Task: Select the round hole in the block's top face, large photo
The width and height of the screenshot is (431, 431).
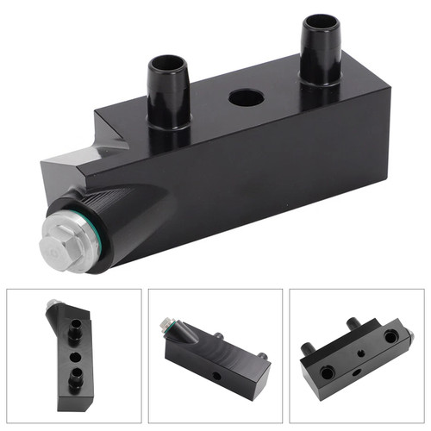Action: point(246,97)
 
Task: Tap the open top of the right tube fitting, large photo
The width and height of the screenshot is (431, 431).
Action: point(320,26)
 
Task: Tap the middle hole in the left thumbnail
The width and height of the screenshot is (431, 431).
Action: point(75,354)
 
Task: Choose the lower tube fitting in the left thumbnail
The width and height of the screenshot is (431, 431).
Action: point(75,380)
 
